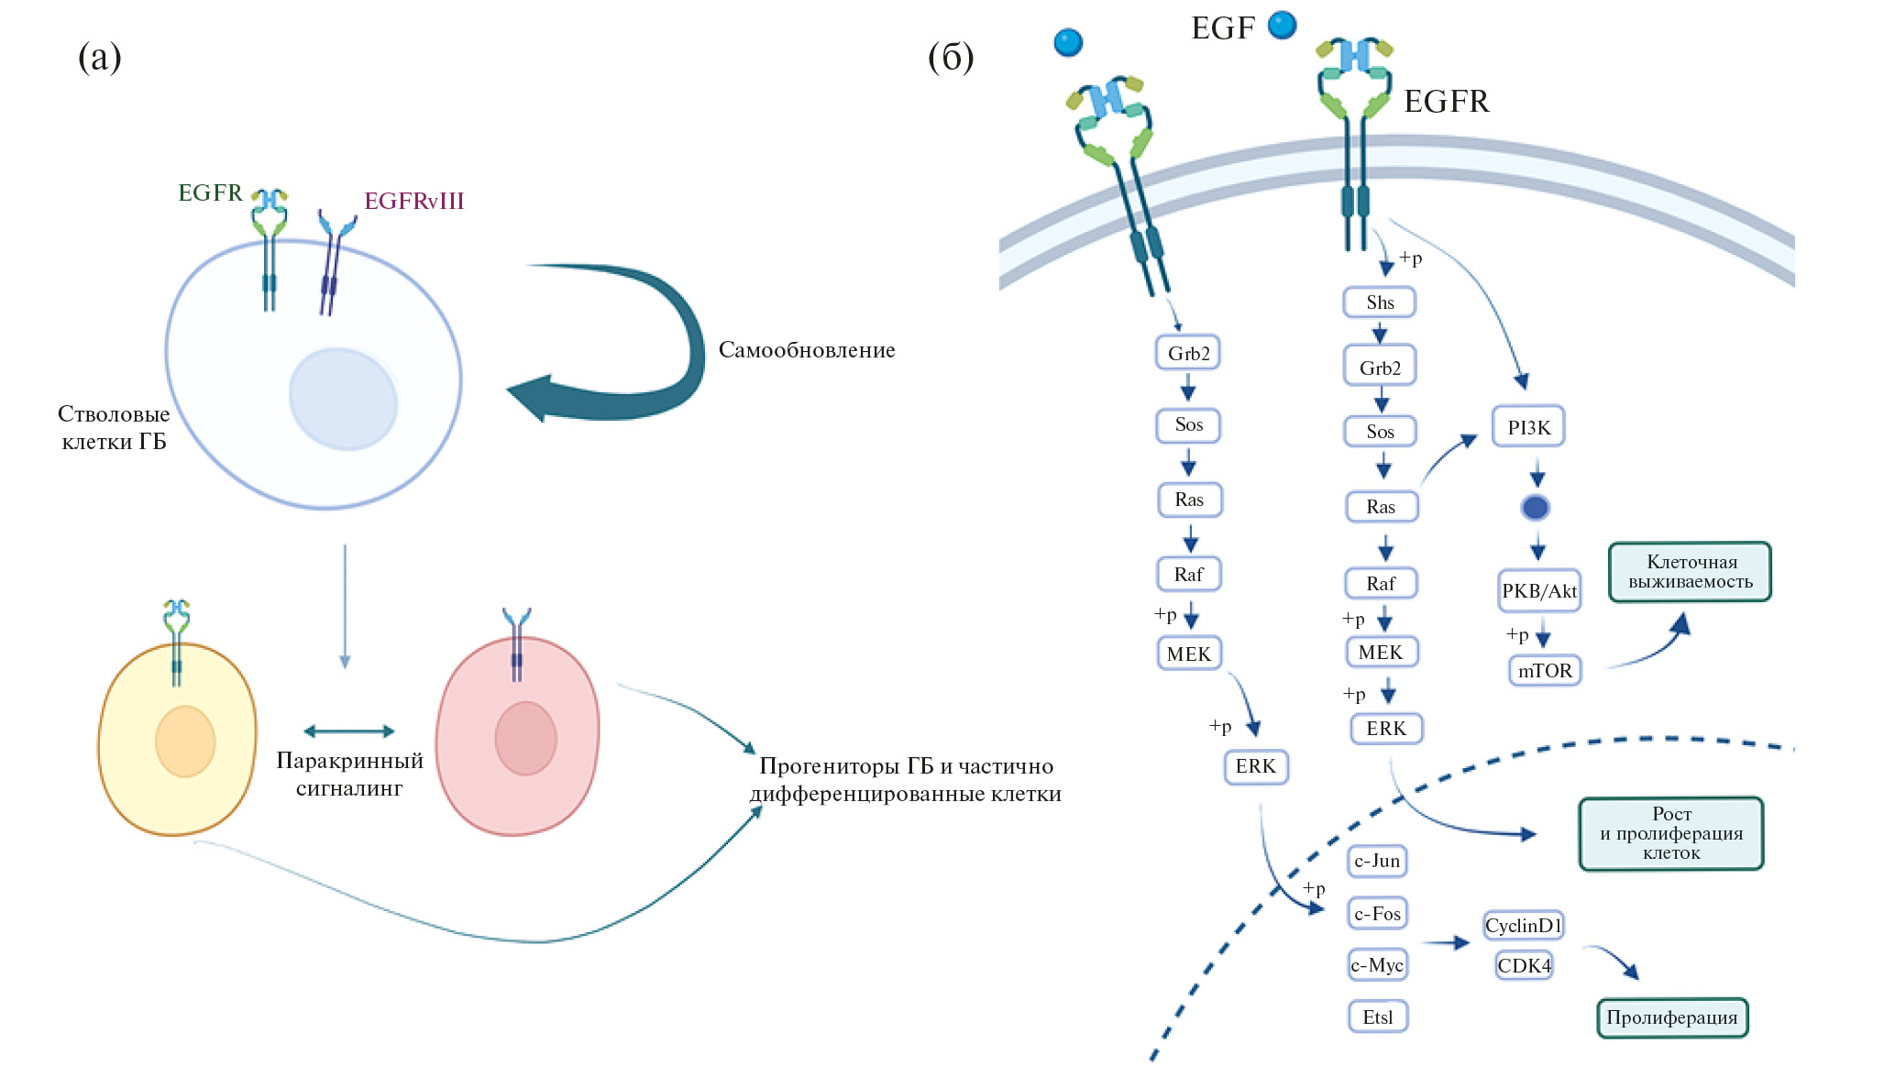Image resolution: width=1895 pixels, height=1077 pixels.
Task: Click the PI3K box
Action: click(x=1527, y=427)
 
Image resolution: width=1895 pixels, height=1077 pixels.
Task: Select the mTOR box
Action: click(x=1545, y=671)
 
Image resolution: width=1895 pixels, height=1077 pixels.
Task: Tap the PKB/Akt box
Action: click(x=1539, y=591)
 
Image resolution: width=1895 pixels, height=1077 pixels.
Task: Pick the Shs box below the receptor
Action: click(x=1379, y=302)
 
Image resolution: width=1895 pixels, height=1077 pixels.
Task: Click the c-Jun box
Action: click(x=1377, y=861)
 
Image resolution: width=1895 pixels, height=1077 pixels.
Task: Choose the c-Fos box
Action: click(x=1377, y=913)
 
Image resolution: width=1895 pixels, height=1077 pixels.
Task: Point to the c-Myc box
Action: click(x=1377, y=964)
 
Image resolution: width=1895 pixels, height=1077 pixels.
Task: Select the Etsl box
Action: click(x=1377, y=1017)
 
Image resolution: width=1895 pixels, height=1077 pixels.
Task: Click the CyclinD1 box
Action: click(x=1523, y=925)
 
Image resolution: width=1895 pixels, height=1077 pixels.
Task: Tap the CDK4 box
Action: click(x=1524, y=965)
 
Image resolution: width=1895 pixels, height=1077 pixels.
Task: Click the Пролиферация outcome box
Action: click(x=1671, y=1017)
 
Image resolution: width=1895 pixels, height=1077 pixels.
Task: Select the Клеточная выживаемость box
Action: click(x=1690, y=572)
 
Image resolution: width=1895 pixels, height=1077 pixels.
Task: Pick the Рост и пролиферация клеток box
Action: click(x=1670, y=833)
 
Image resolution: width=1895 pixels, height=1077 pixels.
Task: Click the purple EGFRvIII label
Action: click(x=413, y=202)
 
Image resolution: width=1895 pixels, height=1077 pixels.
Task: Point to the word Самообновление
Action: click(x=806, y=350)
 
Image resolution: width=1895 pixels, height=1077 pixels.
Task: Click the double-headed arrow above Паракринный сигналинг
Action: click(x=348, y=731)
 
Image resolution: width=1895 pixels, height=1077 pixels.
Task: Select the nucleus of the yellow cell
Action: click(x=185, y=741)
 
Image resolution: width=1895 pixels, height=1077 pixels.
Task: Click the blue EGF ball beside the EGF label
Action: click(x=1282, y=25)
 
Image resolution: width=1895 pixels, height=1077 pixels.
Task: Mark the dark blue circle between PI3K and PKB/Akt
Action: click(x=1535, y=508)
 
